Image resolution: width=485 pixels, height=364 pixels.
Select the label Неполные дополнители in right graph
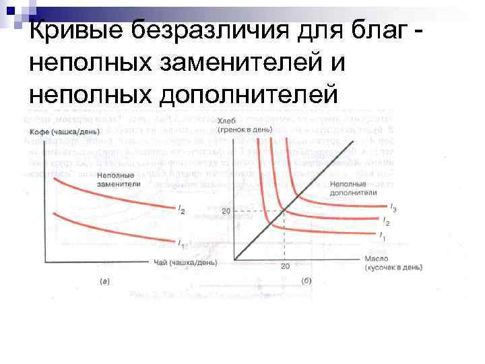pyautogui.click(x=349, y=187)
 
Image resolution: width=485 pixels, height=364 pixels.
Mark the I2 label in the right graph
pyautogui.click(x=386, y=221)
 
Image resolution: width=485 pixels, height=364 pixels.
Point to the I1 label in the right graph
pyautogui.click(x=382, y=237)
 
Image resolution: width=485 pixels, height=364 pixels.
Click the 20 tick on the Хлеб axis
pyautogui.click(x=225, y=211)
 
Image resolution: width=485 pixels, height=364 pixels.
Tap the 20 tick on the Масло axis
pyautogui.click(x=285, y=266)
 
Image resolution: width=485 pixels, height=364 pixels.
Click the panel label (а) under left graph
pyautogui.click(x=105, y=280)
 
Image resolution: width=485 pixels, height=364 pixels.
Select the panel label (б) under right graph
pyautogui.click(x=306, y=280)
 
